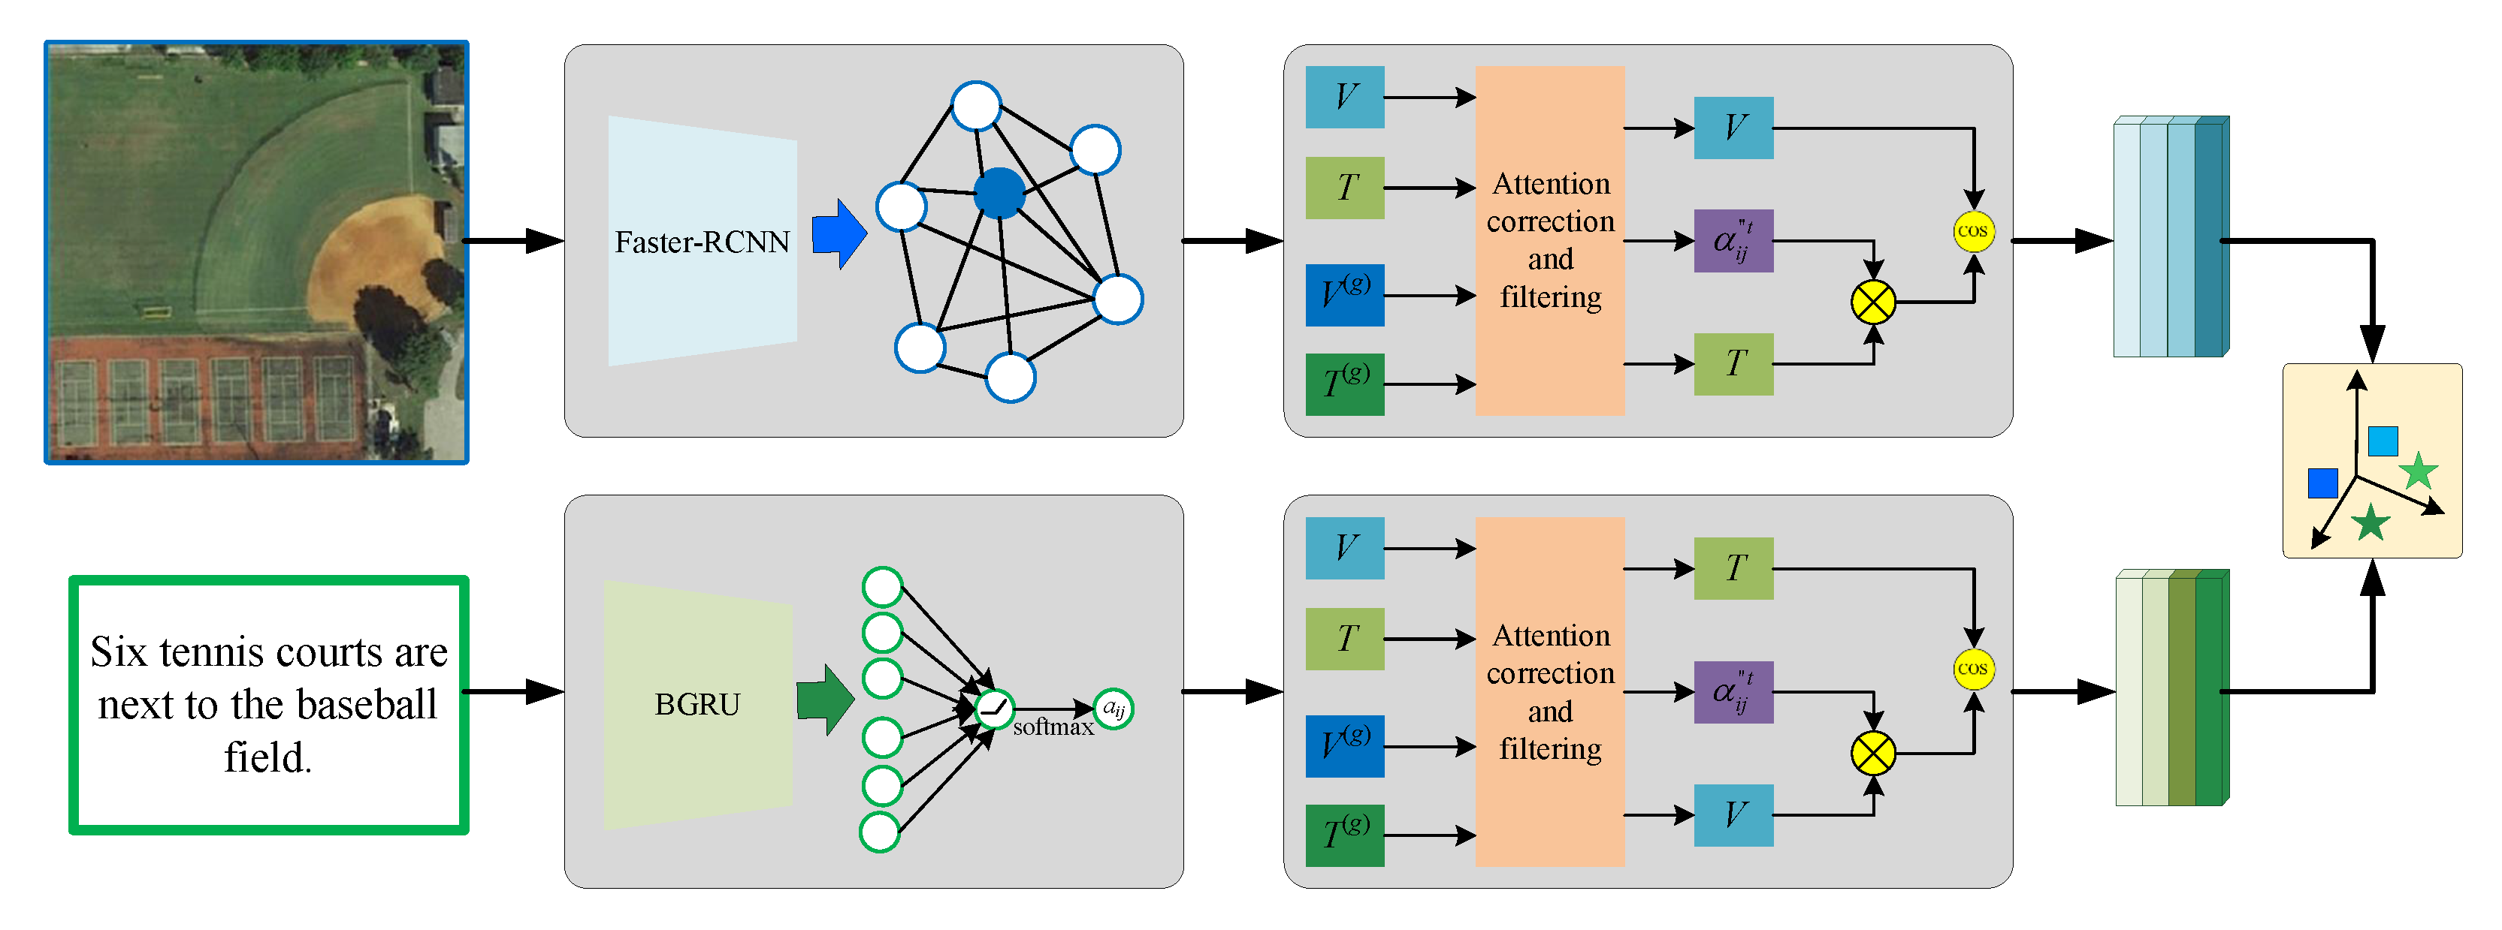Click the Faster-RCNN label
tap(703, 242)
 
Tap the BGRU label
tap(697, 704)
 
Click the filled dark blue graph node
tap(999, 192)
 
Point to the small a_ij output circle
tap(1113, 709)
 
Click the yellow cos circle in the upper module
tap(1972, 231)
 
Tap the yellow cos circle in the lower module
tap(1972, 669)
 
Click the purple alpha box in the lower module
tap(1733, 692)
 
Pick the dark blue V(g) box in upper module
tap(1344, 294)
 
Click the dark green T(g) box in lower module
tap(1344, 835)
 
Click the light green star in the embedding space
tap(2418, 472)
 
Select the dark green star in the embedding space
tap(2371, 523)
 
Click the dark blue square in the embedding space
tap(2322, 483)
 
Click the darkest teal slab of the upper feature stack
tap(2210, 238)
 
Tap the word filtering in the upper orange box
tap(1550, 297)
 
